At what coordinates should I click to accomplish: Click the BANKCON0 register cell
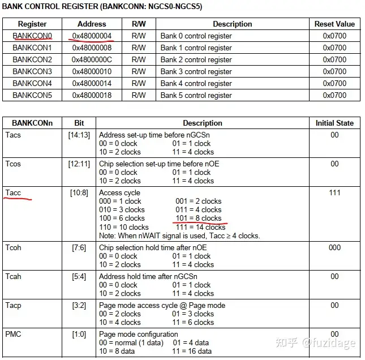click(x=32, y=36)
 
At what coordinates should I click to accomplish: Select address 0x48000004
click(x=91, y=36)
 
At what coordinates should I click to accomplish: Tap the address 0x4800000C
click(x=91, y=59)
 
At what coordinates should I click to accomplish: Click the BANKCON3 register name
click(x=32, y=71)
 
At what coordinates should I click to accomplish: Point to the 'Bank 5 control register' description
click(x=196, y=95)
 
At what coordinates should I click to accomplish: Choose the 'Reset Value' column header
click(x=334, y=24)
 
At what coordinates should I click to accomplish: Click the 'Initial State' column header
click(x=334, y=123)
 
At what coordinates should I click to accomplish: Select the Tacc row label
click(x=13, y=193)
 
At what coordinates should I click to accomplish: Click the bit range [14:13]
click(x=79, y=135)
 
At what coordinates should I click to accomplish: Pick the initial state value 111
click(x=334, y=193)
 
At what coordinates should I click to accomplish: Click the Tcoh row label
click(x=14, y=247)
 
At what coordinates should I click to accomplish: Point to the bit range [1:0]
click(x=79, y=334)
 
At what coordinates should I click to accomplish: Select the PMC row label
click(x=13, y=334)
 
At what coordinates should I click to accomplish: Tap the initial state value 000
click(x=334, y=247)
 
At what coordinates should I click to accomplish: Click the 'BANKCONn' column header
click(x=32, y=123)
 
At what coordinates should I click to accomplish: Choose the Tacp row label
click(x=14, y=305)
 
